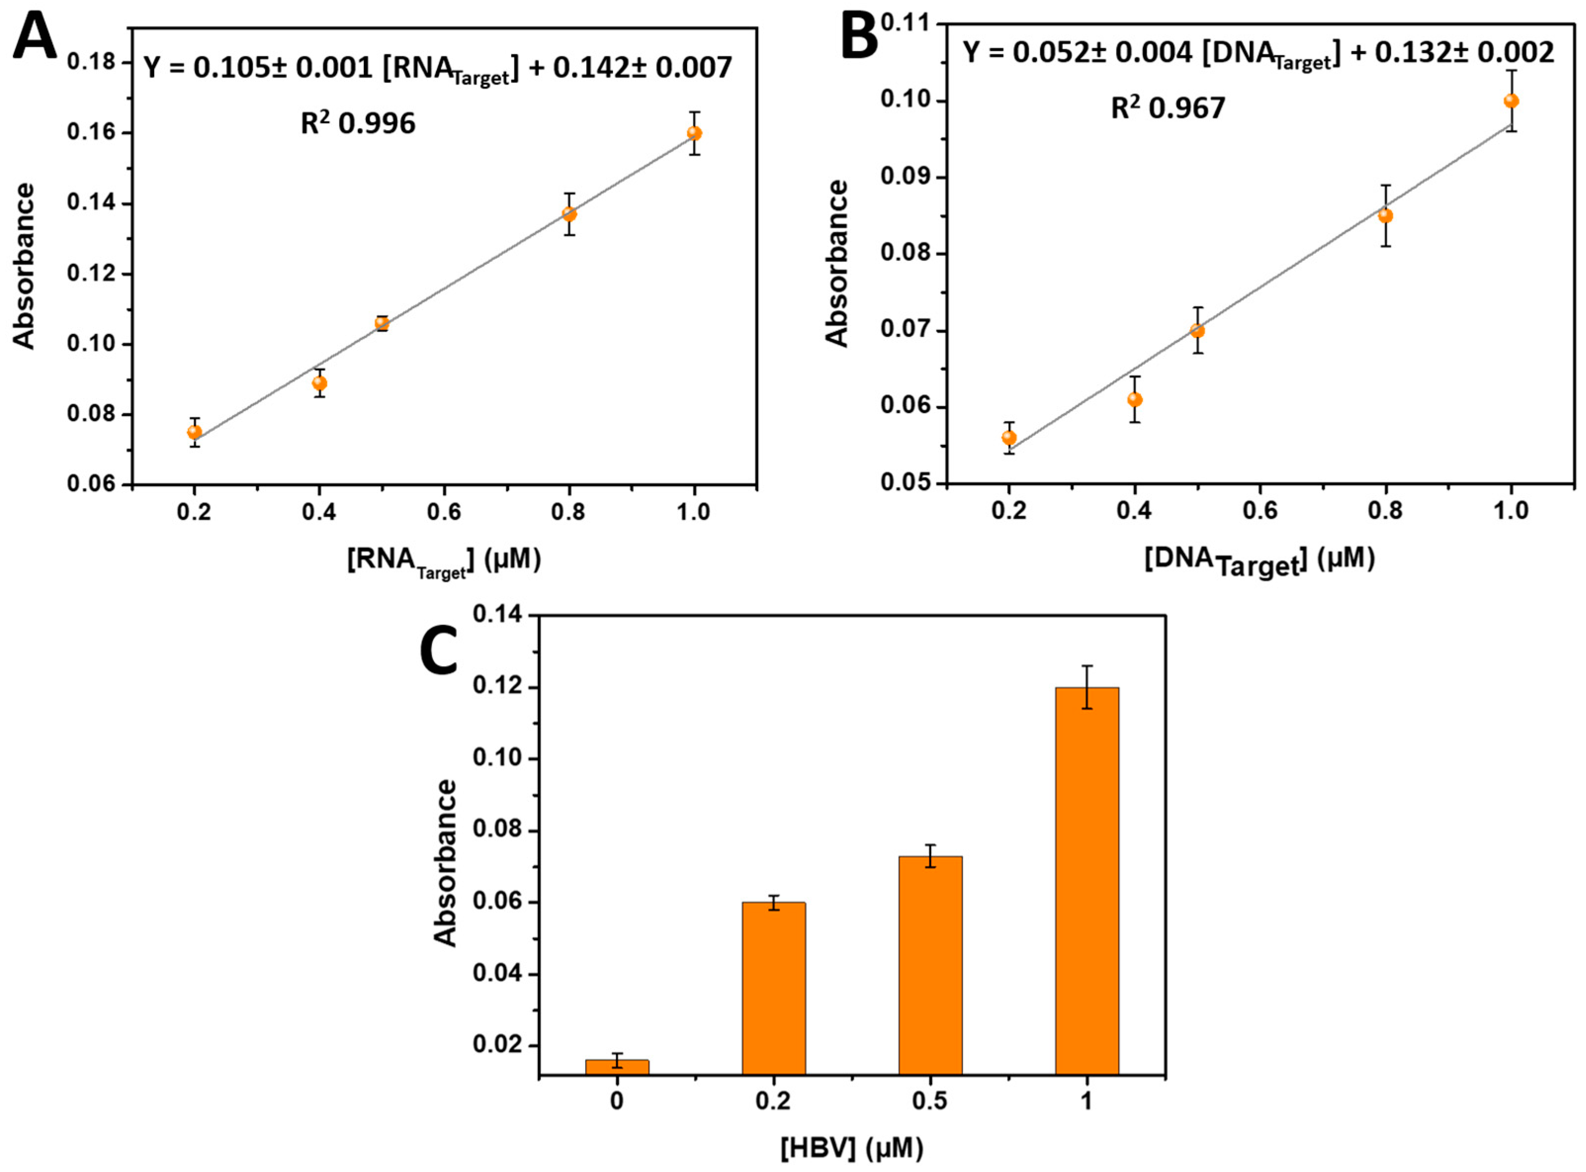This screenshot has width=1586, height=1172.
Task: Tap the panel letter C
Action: click(438, 651)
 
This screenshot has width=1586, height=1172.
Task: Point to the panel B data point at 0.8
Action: click(1385, 215)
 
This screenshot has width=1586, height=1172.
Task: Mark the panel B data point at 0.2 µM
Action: click(1009, 438)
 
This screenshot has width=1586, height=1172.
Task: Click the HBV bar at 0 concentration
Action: click(617, 1067)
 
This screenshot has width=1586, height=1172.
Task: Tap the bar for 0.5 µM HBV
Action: click(930, 965)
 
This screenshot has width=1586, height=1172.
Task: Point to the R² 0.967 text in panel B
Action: click(1167, 108)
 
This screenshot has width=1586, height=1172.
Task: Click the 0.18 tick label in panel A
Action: click(91, 62)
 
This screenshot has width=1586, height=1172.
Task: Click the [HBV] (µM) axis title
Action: click(852, 1147)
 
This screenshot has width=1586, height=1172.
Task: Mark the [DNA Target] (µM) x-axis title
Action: click(1260, 560)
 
